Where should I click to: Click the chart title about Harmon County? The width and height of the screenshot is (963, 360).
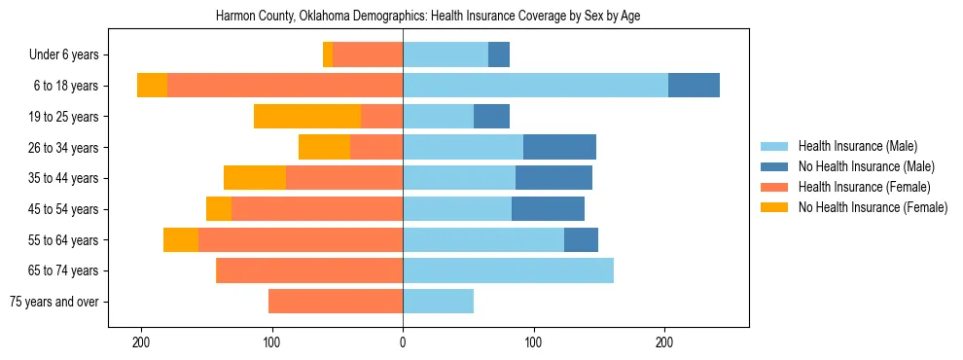pyautogui.click(x=428, y=17)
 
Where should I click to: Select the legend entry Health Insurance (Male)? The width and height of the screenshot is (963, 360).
pyautogui.click(x=857, y=146)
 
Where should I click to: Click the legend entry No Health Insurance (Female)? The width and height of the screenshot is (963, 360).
pyautogui.click(x=873, y=207)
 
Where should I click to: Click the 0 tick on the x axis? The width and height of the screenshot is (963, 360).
pyautogui.click(x=403, y=342)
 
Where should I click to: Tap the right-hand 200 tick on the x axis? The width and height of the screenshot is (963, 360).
pyautogui.click(x=664, y=342)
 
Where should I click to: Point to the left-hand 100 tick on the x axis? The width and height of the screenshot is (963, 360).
pyautogui.click(x=272, y=342)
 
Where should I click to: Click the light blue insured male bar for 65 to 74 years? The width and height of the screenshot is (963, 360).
pyautogui.click(x=508, y=270)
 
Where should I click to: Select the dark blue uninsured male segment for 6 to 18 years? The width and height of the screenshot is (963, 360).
pyautogui.click(x=694, y=86)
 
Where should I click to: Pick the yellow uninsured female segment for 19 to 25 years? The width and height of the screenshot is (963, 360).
pyautogui.click(x=307, y=117)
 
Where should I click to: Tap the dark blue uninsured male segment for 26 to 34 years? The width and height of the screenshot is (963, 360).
pyautogui.click(x=559, y=147)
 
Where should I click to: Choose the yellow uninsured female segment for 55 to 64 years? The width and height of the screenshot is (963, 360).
pyautogui.click(x=181, y=239)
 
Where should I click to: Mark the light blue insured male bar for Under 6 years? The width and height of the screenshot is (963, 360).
pyautogui.click(x=446, y=54)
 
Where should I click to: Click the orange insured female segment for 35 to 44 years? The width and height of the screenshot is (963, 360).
pyautogui.click(x=344, y=178)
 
